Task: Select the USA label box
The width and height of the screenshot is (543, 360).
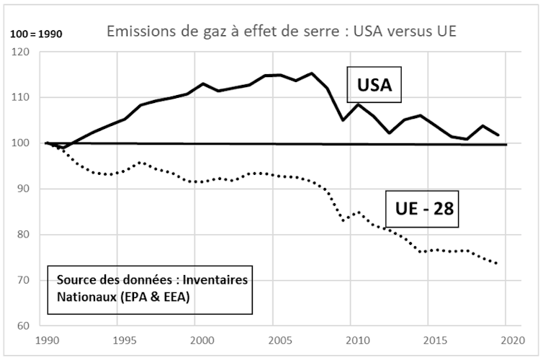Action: [x=374, y=86]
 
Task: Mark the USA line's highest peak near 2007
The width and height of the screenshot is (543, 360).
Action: [x=312, y=73]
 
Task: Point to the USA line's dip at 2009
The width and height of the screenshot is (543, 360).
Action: [x=343, y=120]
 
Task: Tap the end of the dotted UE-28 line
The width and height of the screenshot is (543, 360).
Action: [x=498, y=264]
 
